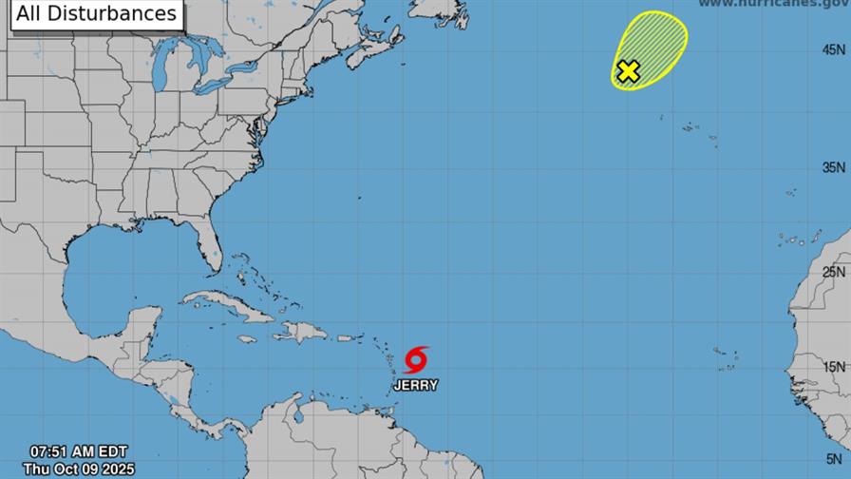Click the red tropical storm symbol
(x=416, y=359)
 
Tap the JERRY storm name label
(x=416, y=385)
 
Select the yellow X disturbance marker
(x=628, y=71)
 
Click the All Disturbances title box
(x=96, y=13)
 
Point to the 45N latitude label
(x=835, y=49)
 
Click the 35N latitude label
(x=835, y=167)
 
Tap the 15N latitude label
(x=835, y=367)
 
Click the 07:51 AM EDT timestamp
(x=78, y=451)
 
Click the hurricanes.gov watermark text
(x=773, y=5)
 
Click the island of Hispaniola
(x=301, y=332)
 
